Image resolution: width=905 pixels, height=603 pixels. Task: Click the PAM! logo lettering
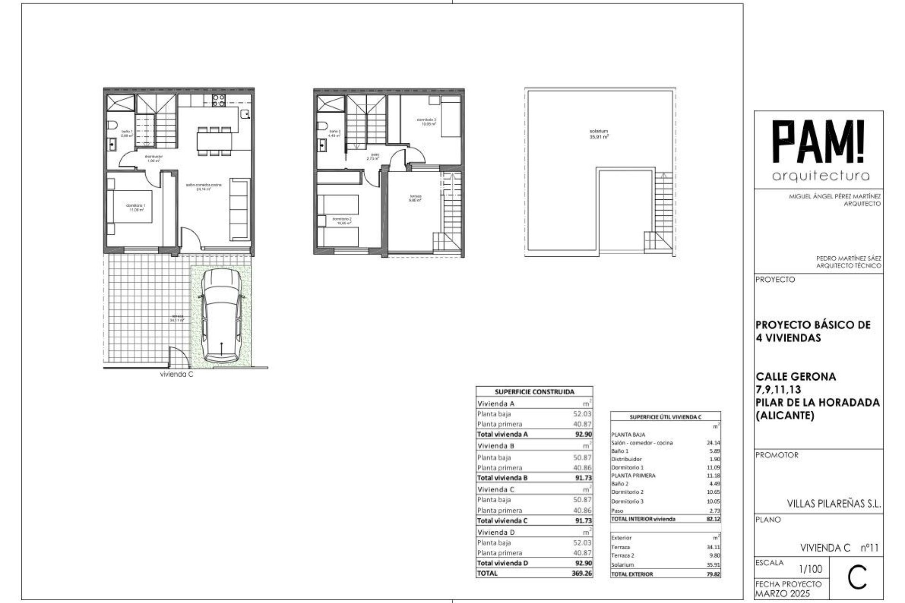tap(821, 141)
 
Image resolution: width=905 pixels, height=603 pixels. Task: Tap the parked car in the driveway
tap(222, 315)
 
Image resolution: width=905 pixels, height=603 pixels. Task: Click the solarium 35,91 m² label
tap(599, 134)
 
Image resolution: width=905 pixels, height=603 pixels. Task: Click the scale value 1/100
tap(811, 569)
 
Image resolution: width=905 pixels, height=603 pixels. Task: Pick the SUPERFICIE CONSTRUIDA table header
tap(534, 391)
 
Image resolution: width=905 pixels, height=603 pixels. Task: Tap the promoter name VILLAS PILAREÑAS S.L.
tap(834, 504)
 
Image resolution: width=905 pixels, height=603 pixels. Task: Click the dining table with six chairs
tap(214, 140)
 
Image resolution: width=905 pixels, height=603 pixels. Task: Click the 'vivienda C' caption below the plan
tap(177, 375)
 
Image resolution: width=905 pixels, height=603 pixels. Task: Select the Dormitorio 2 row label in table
tap(627, 492)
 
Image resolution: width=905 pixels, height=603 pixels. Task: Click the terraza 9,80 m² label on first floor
tap(415, 198)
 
